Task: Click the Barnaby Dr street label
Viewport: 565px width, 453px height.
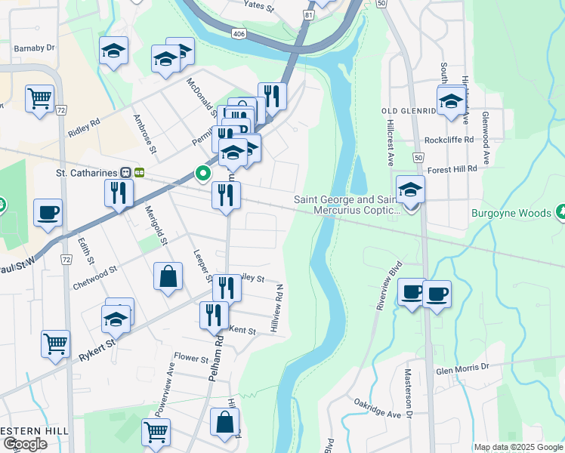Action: point(34,47)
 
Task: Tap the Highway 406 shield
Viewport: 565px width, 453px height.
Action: point(239,35)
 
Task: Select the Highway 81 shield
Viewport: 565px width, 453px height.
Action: point(309,14)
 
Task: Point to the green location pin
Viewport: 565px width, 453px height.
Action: point(202,174)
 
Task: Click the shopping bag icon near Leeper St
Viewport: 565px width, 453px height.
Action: point(168,276)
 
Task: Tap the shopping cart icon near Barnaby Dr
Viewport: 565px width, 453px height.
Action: point(39,98)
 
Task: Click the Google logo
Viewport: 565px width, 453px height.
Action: point(25,444)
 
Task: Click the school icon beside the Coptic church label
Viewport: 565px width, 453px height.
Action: point(410,190)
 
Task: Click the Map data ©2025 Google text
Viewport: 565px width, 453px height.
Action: point(517,447)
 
